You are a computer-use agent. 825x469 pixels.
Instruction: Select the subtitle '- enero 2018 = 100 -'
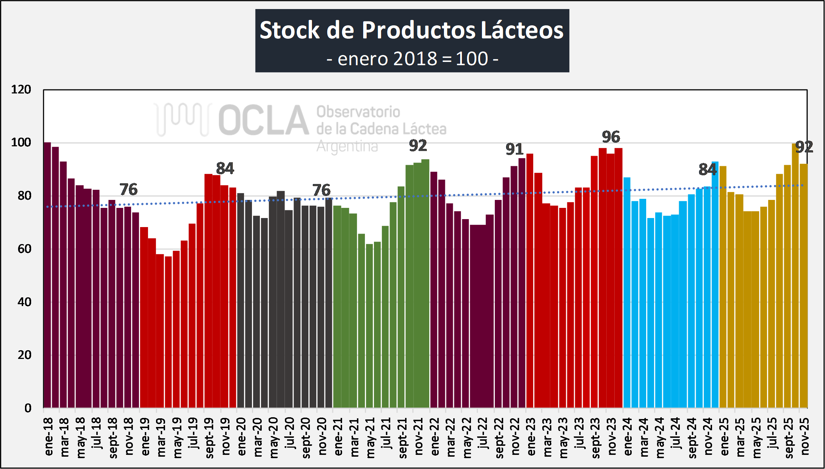[x=412, y=59]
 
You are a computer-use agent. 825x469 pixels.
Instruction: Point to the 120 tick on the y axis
[x=21, y=89]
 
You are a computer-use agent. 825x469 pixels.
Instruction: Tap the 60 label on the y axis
[x=24, y=249]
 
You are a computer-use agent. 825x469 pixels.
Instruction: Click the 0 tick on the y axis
[x=28, y=408]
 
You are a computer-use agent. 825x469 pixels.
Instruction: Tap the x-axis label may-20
[x=274, y=437]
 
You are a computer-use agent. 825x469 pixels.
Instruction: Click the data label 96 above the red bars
[x=611, y=137]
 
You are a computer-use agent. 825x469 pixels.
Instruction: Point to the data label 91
[x=514, y=149]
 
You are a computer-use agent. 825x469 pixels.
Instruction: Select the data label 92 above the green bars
[x=418, y=146]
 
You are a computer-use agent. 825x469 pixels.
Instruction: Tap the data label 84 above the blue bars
[x=707, y=169]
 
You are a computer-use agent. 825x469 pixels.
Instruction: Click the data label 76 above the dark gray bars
[x=321, y=190]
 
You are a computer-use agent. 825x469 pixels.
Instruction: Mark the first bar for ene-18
[x=47, y=275]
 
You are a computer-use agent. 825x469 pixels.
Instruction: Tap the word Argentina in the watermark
[x=347, y=146]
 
